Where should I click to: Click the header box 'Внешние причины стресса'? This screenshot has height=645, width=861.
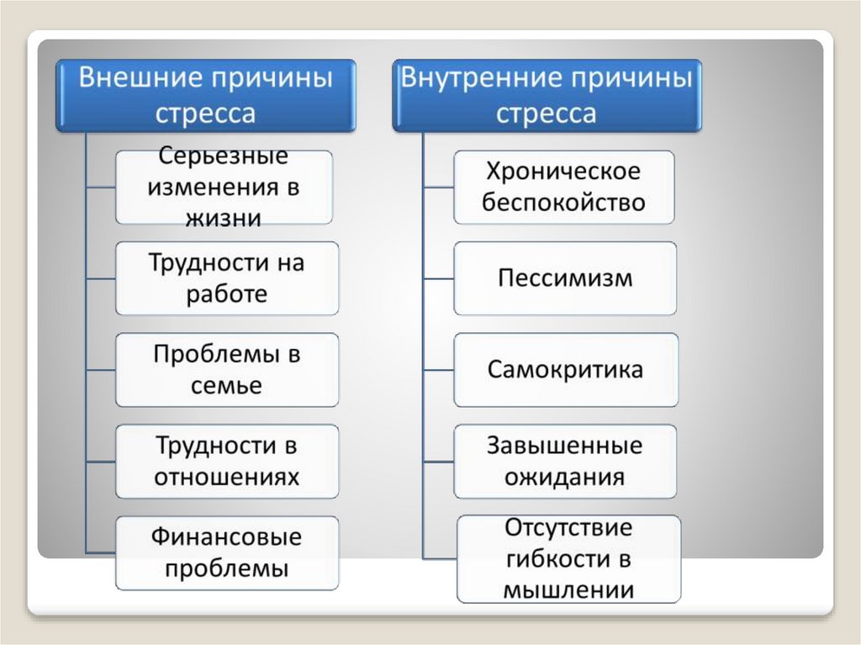point(206,95)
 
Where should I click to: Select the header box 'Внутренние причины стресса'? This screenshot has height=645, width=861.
point(546,95)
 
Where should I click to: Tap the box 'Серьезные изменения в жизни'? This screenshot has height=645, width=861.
point(224,187)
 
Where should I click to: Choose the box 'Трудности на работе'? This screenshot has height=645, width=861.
point(226,278)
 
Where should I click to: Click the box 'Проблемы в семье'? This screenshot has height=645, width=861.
point(226,370)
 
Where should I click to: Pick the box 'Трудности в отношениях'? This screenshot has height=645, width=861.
point(226,462)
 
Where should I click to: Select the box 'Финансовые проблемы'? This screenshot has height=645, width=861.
point(226,552)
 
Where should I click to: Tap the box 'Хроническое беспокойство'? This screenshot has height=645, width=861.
point(563,187)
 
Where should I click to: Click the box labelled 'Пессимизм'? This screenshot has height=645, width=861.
point(564,278)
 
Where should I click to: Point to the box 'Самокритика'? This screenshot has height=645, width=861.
point(565,370)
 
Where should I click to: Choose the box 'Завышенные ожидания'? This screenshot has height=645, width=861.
point(564,462)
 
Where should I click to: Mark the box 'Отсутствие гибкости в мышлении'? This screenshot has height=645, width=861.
point(568,559)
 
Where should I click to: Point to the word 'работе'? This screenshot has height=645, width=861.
point(226,294)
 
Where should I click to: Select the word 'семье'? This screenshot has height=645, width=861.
point(226,386)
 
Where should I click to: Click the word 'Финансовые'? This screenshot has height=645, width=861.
point(226,537)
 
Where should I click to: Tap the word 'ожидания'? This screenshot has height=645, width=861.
point(564,478)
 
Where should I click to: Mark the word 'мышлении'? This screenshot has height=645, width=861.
point(568,589)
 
